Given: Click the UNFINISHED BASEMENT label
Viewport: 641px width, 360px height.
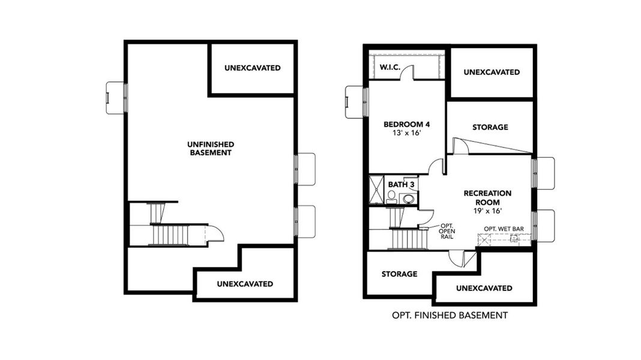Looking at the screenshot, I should pyautogui.click(x=210, y=148).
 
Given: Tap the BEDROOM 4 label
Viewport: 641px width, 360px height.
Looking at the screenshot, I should pyautogui.click(x=407, y=125).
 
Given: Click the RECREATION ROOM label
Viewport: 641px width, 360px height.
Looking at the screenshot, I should pyautogui.click(x=487, y=197).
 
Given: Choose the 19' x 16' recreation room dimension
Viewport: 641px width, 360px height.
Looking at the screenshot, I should pyautogui.click(x=487, y=211).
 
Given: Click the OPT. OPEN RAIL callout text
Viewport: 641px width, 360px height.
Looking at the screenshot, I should pyautogui.click(x=447, y=231).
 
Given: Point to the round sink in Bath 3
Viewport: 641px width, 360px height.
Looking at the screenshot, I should pyautogui.click(x=408, y=198).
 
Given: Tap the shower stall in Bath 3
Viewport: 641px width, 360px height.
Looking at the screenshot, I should pyautogui.click(x=376, y=190).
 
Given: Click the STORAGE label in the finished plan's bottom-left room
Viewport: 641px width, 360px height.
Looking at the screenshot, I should pyautogui.click(x=399, y=274).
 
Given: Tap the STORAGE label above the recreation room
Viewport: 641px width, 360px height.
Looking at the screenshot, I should pyautogui.click(x=490, y=127).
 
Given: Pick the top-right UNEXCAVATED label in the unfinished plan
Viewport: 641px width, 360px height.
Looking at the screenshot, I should pyautogui.click(x=252, y=68).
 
